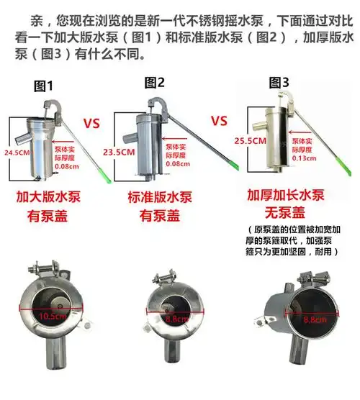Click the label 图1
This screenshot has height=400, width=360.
click(x=45, y=86)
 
